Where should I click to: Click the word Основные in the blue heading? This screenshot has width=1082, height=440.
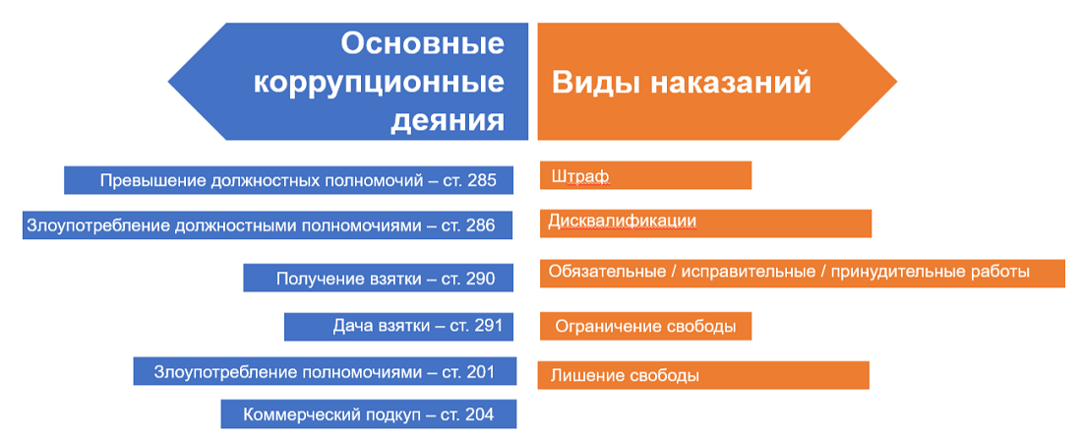423,45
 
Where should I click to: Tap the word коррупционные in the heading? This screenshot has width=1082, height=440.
379,84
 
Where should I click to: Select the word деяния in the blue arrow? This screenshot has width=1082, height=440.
448,121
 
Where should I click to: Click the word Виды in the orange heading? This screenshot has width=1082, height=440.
595,84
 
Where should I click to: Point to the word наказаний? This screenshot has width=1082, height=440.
731,84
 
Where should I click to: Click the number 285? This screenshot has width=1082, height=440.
481,181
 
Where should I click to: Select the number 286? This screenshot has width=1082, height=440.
480,225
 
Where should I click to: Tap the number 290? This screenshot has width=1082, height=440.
480,279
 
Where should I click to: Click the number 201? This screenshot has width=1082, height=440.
480,372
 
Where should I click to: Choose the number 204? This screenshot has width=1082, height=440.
480,415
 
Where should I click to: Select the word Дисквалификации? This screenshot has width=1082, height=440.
623,221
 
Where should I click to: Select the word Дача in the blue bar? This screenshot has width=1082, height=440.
350,326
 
